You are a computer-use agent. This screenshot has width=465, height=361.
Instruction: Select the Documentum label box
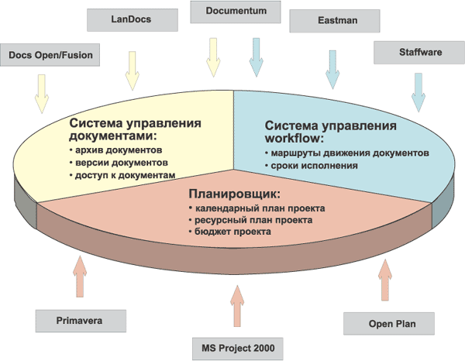click(x=232, y=12)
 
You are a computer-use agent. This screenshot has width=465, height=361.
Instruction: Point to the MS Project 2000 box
click(x=233, y=346)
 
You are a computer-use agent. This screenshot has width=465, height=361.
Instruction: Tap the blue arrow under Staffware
click(x=418, y=90)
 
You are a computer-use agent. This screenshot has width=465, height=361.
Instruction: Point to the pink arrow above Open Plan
click(x=384, y=280)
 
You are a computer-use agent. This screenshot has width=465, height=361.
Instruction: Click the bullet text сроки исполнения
click(x=313, y=165)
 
